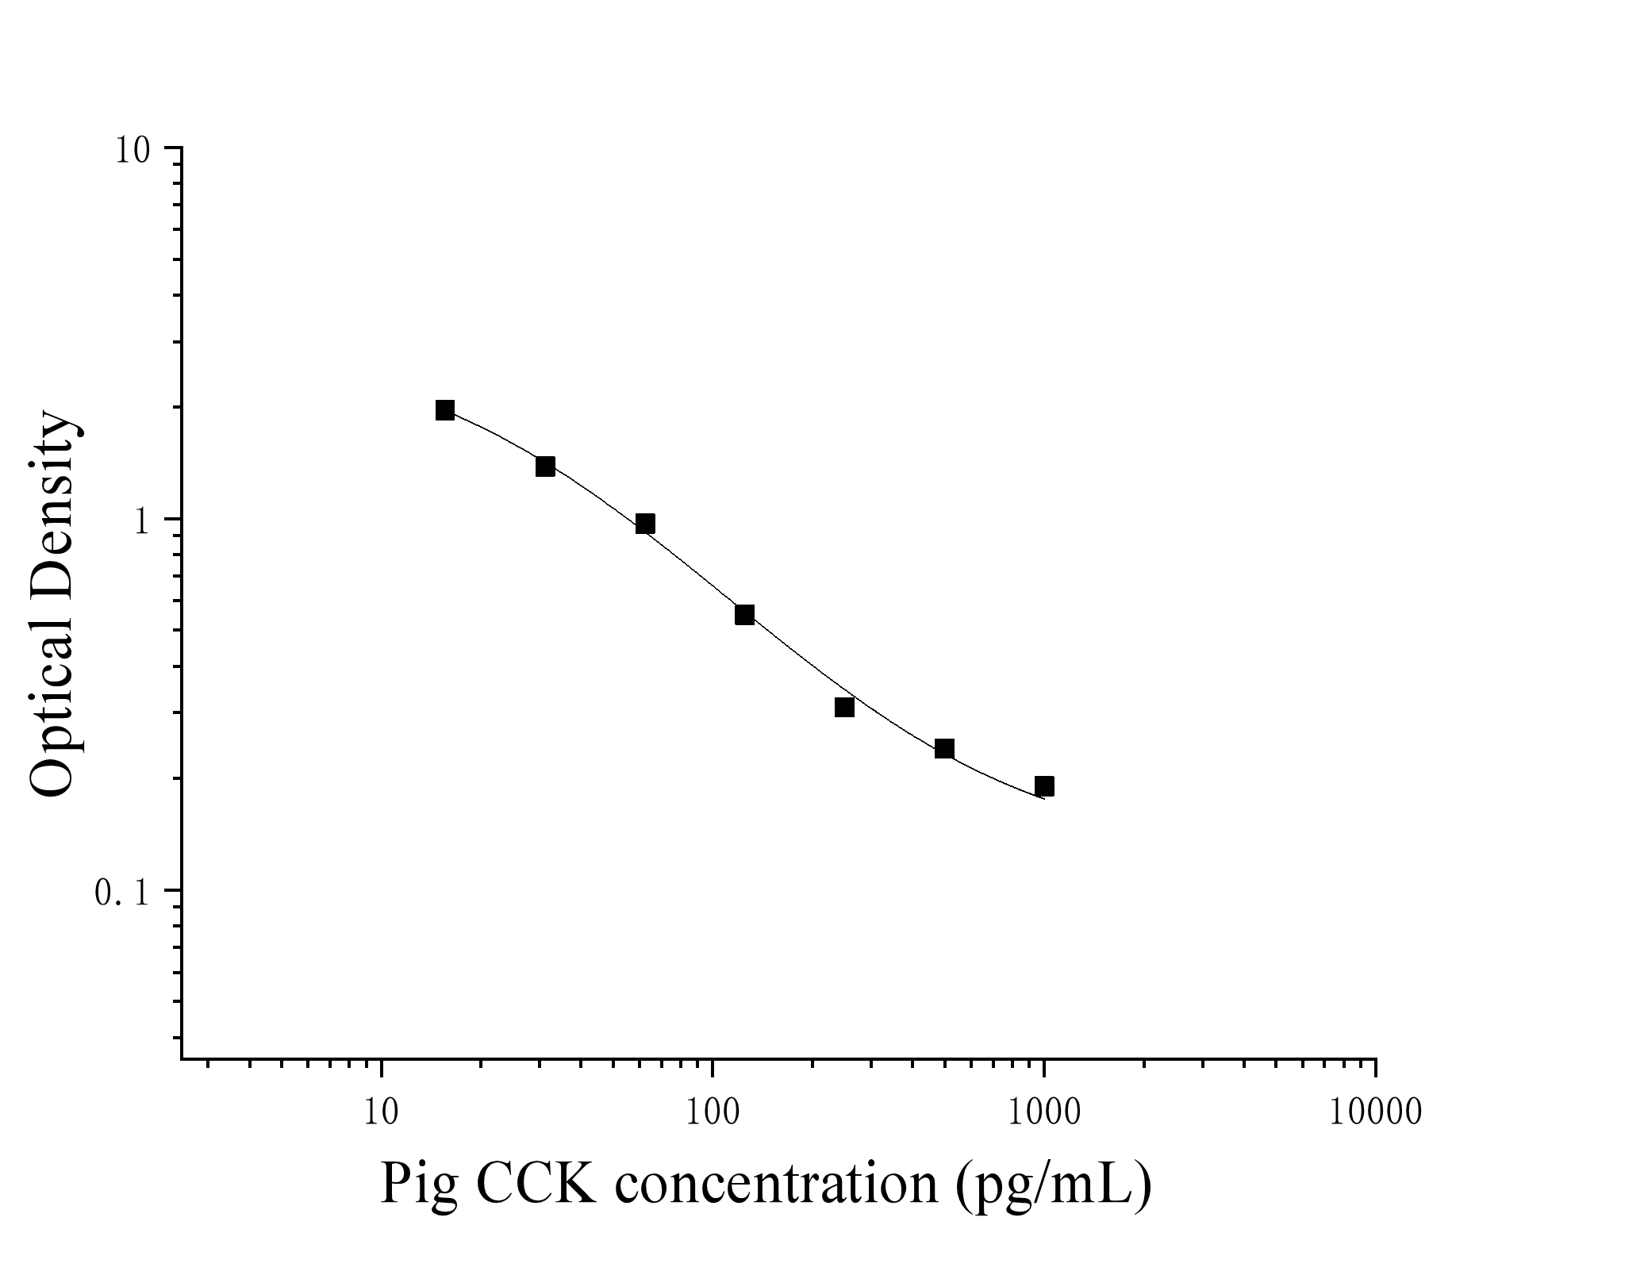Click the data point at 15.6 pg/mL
[445, 410]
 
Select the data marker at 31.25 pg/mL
[545, 467]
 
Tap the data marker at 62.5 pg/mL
[645, 524]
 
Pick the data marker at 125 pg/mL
[744, 615]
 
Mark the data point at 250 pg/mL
[844, 707]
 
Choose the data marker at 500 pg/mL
[944, 749]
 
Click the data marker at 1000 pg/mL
[1044, 786]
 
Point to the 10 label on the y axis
[133, 151]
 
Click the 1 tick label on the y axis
[143, 522]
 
